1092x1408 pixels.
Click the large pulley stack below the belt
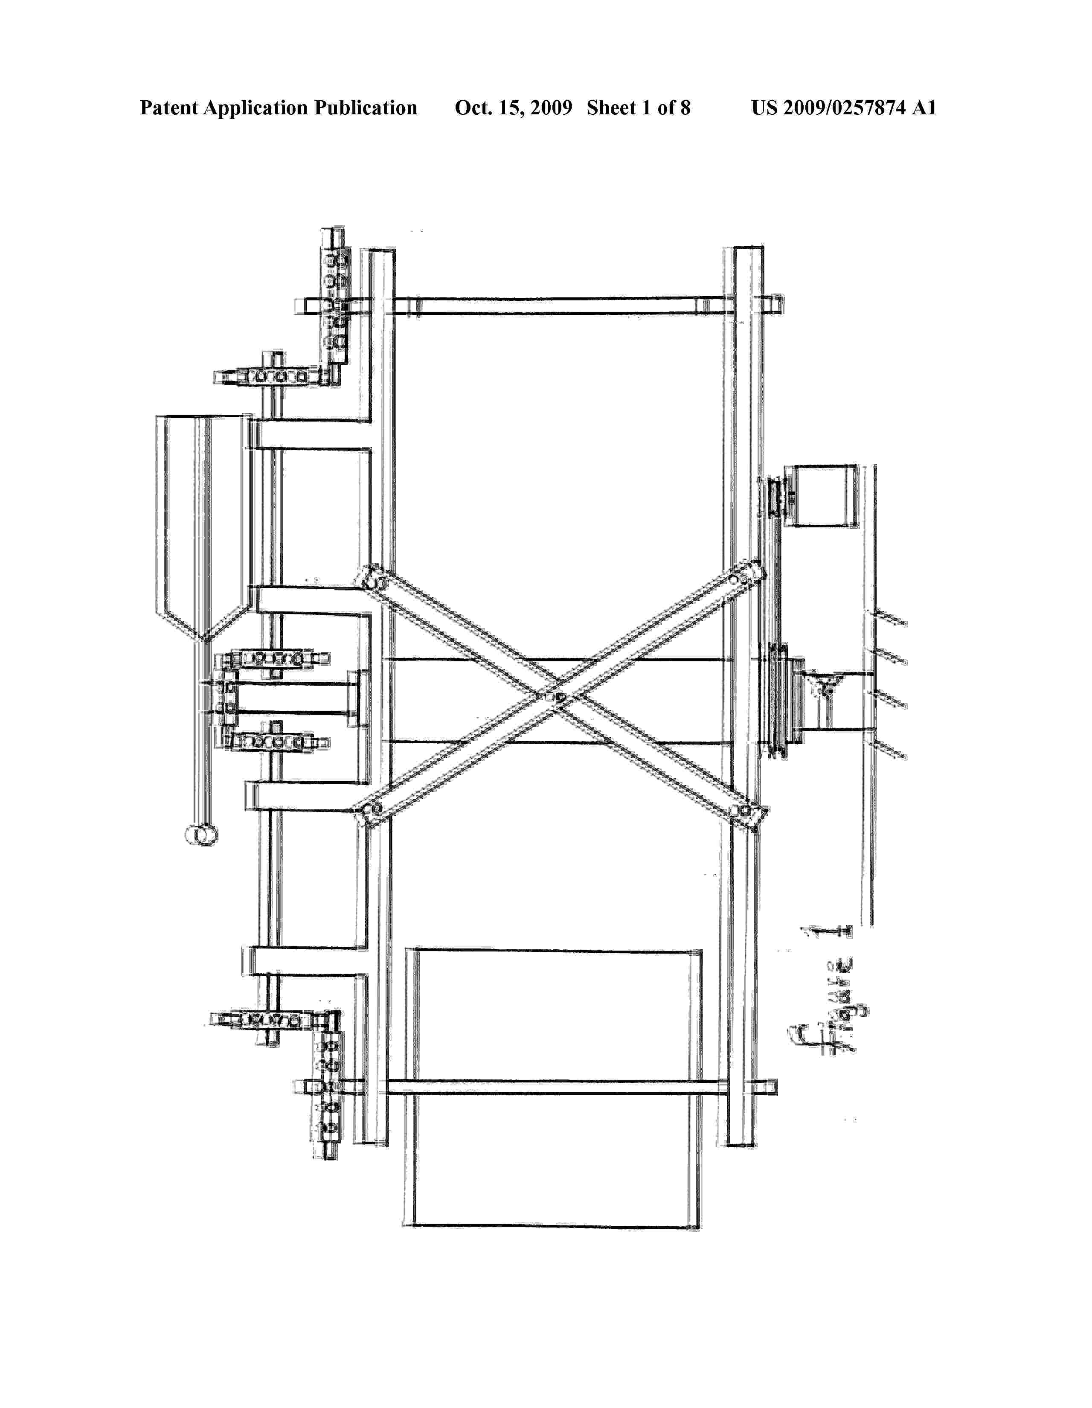click(785, 699)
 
